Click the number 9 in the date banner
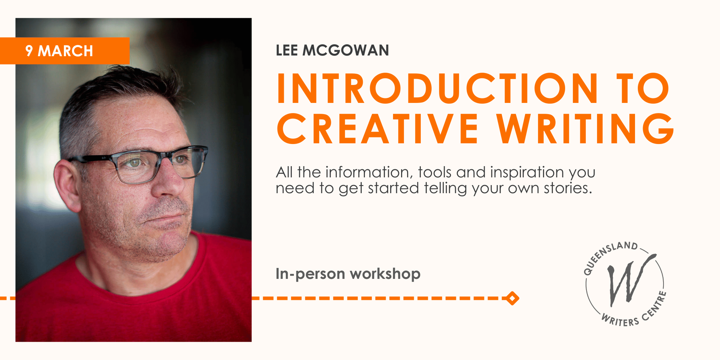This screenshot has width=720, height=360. coord(29,51)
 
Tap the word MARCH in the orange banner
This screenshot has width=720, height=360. coord(65,51)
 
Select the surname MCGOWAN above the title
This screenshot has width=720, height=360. coord(346,51)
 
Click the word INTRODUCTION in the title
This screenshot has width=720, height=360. coord(437,89)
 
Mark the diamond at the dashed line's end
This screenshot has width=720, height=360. coord(512,298)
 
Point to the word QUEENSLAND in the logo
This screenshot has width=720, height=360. coord(608,255)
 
